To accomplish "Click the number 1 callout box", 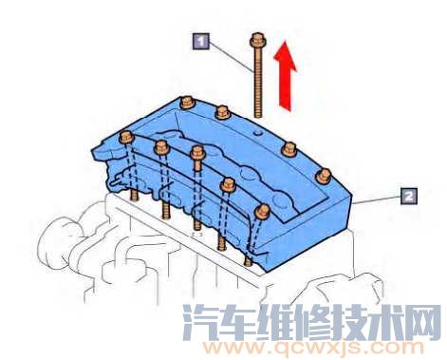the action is (x=200, y=40).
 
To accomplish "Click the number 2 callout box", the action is (x=407, y=196).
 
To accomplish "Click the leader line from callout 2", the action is (x=381, y=199).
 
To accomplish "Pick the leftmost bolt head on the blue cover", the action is (x=124, y=139).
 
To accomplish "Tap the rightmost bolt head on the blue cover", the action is (x=323, y=174).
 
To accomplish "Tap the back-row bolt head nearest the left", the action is (x=186, y=101).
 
